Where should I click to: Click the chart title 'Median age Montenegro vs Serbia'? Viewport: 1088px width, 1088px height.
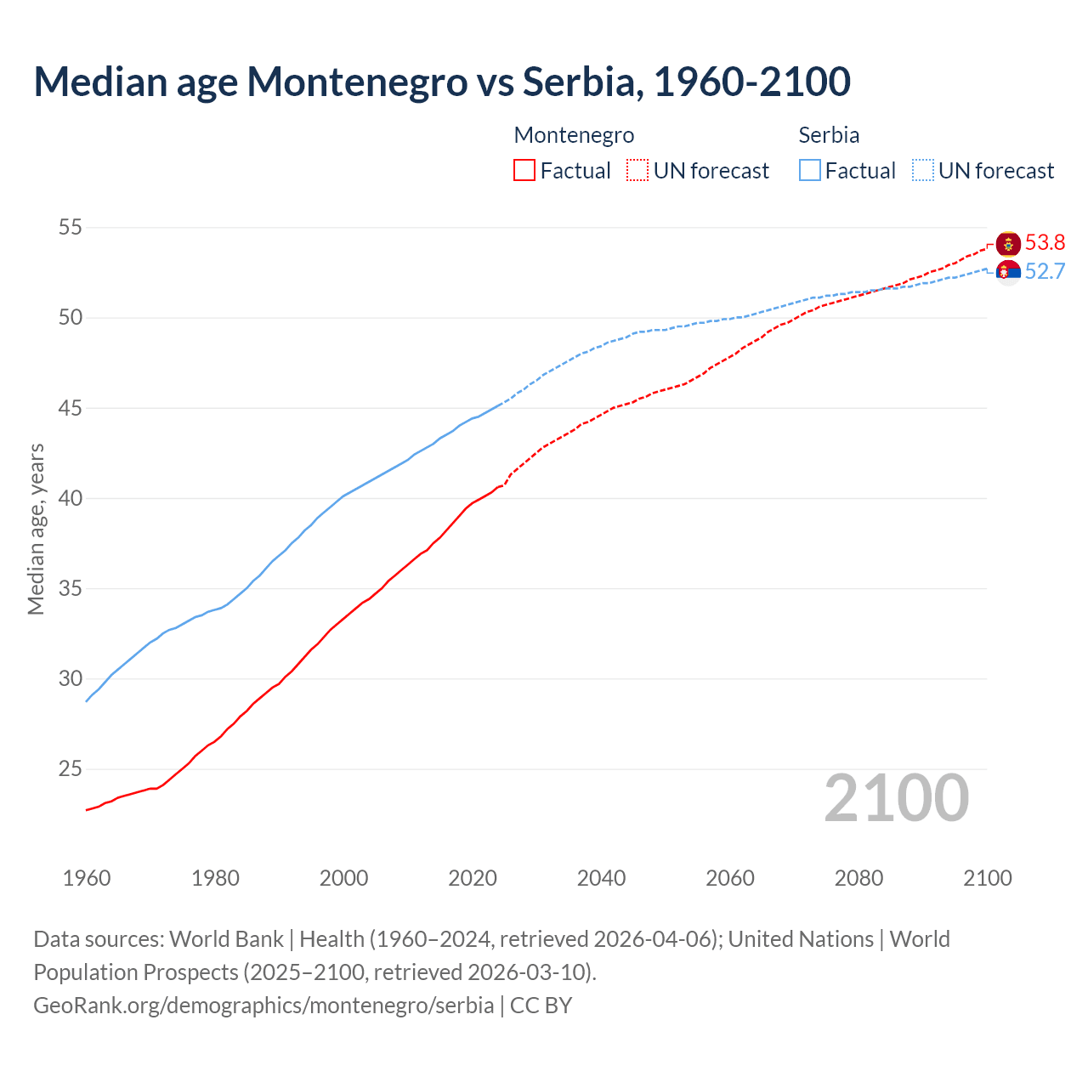click(441, 82)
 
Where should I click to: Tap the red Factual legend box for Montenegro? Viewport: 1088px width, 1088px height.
click(524, 170)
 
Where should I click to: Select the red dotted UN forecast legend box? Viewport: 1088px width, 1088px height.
click(637, 170)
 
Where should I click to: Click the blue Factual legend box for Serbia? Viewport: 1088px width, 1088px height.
click(810, 170)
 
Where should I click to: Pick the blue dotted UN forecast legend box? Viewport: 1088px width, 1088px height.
click(923, 170)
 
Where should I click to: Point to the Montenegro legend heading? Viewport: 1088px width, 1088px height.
click(574, 135)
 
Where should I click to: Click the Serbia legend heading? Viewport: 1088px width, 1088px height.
click(829, 135)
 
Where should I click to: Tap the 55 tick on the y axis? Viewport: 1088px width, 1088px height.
click(71, 227)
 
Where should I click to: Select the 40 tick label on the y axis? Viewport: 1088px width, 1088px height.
click(71, 498)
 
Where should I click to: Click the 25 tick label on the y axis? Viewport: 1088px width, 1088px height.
click(71, 769)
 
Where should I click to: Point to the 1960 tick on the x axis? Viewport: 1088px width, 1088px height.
click(87, 878)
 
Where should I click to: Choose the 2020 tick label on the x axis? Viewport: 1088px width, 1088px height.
click(473, 878)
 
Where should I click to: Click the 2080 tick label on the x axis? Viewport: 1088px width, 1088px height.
click(858, 878)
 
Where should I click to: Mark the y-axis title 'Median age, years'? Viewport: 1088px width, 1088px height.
click(36, 529)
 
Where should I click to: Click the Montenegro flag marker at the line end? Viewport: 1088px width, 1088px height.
click(1008, 244)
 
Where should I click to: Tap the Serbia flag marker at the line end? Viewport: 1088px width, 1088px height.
click(1008, 272)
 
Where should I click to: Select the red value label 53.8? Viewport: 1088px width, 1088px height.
click(1045, 243)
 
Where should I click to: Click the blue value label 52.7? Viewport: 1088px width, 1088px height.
click(1045, 272)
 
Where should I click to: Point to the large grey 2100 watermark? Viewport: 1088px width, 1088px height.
click(896, 798)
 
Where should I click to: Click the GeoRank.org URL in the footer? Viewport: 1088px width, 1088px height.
click(263, 1006)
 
